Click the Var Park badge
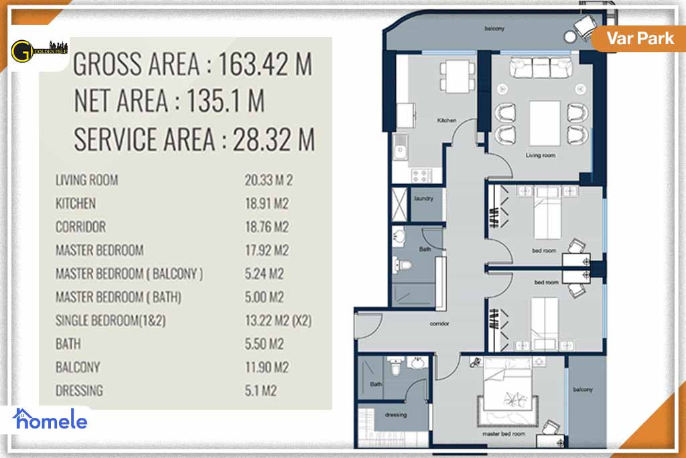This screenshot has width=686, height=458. pos(640,37)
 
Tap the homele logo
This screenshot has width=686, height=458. pos(50,420)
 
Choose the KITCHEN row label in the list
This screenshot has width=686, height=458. pos(75,204)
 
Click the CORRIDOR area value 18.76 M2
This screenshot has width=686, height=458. pos(267,227)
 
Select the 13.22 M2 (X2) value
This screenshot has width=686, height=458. pos(278,321)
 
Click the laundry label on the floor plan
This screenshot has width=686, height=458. pos(424,198)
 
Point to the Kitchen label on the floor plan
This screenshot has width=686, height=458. pos(446,121)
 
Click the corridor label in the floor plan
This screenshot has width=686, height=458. pos(439,323)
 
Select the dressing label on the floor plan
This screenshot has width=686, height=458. pos(395,414)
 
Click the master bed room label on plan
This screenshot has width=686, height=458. pos(504,433)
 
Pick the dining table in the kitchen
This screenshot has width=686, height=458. pos(453,74)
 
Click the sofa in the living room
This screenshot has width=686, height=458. pos(540,68)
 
